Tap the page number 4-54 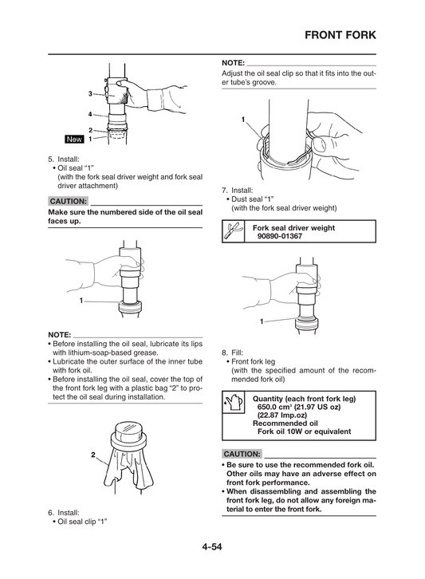tap(212, 546)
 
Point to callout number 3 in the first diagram tap(90, 95)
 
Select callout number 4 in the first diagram tap(90, 113)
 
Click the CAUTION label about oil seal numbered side tap(67, 201)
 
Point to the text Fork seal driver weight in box tap(293, 228)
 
